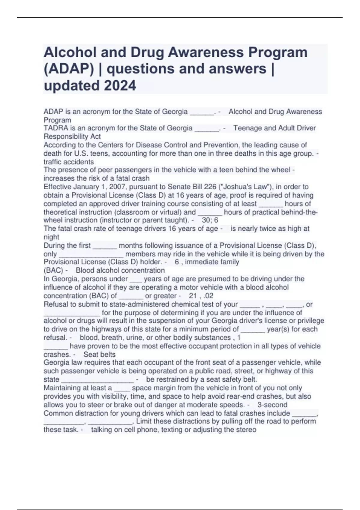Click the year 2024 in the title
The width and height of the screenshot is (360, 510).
[120, 85]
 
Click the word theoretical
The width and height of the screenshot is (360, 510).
[60, 212]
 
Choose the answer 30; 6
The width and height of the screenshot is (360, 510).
[210, 220]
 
